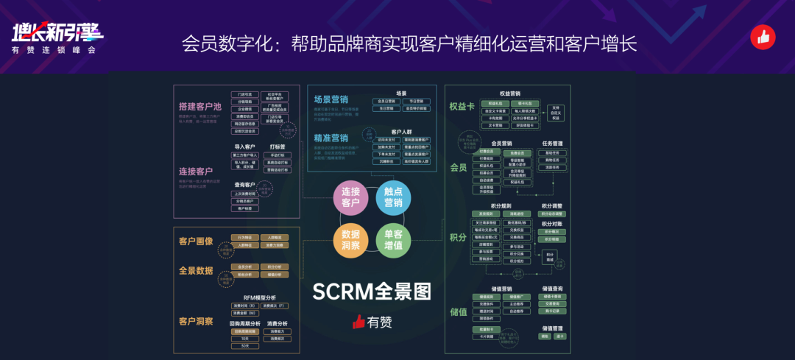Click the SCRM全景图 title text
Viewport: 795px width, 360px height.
372,292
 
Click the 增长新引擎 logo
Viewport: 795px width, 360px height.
57,31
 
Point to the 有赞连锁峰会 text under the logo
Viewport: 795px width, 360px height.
54,51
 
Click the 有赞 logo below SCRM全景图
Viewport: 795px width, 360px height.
372,321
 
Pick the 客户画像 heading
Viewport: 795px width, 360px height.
195,241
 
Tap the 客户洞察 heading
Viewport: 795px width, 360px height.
195,321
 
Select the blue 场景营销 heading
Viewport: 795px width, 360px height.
331,99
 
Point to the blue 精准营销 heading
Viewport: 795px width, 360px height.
331,138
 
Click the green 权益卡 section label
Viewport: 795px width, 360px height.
462,105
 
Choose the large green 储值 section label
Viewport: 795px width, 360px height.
458,311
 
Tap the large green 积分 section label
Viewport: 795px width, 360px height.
458,237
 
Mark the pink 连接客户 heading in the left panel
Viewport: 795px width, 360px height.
195,171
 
